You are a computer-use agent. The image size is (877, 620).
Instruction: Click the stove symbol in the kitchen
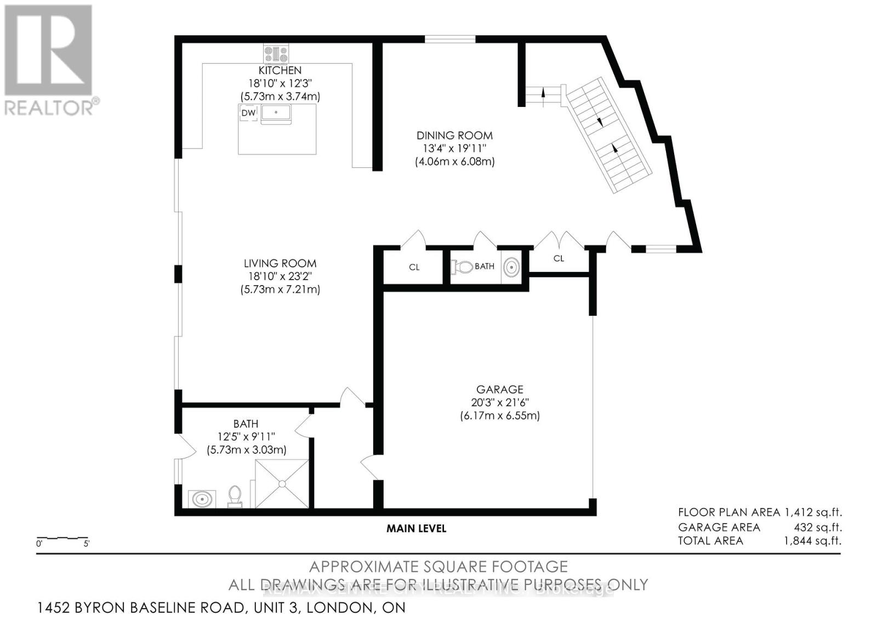point(276,54)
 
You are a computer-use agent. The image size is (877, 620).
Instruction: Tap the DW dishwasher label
point(248,113)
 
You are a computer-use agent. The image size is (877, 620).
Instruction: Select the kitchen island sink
point(276,113)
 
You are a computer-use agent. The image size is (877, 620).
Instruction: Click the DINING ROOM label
point(454,135)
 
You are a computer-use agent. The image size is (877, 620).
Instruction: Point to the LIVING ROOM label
point(280,264)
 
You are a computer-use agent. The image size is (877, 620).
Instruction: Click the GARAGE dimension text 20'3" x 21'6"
point(499,402)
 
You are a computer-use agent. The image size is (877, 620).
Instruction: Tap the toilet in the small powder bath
point(462,267)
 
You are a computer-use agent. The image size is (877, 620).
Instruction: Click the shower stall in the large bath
point(282,484)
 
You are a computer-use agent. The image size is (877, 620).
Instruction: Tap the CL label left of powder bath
point(414,267)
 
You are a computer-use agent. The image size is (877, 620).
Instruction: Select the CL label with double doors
point(559,258)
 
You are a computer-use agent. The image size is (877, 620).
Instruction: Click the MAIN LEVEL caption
point(416,528)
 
